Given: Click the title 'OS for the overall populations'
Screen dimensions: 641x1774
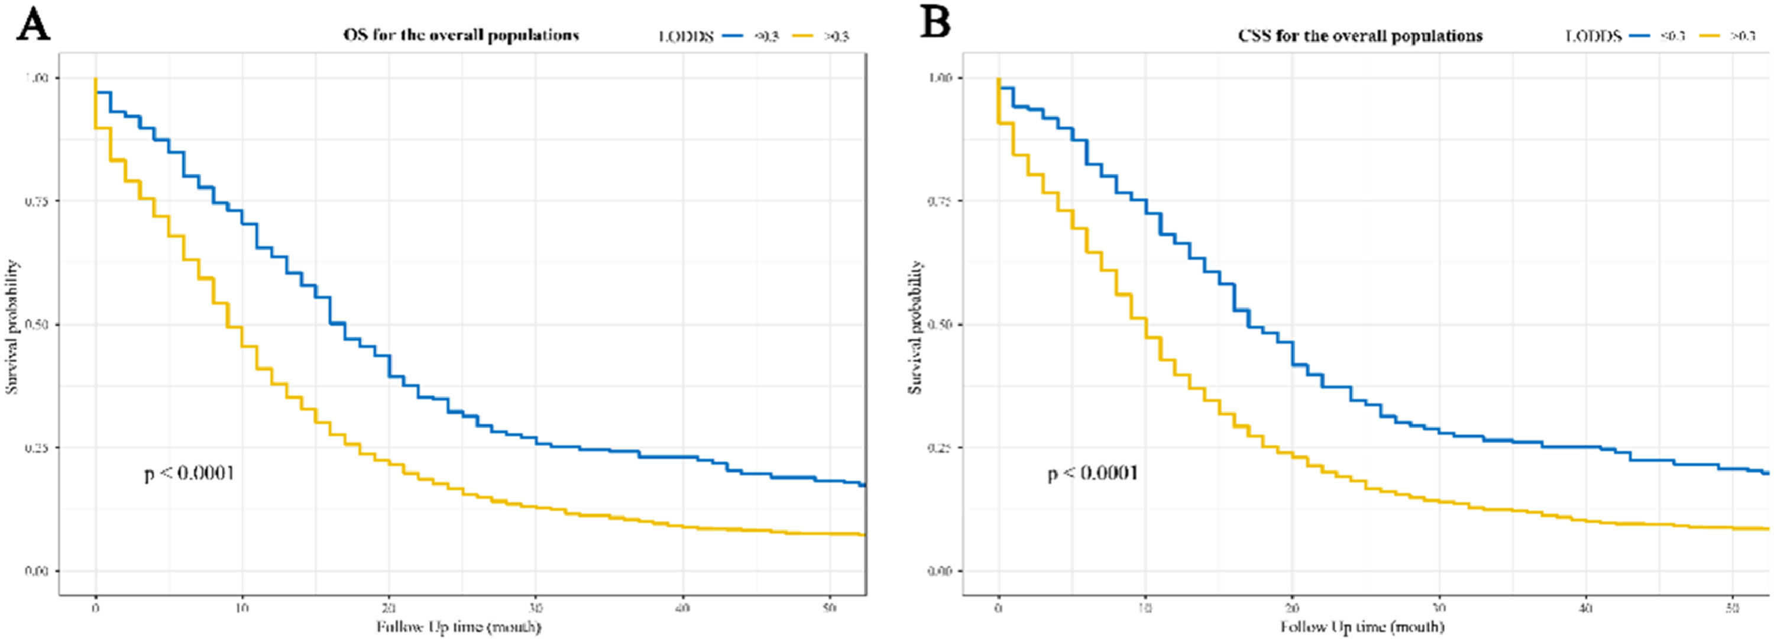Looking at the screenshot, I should point(461,35).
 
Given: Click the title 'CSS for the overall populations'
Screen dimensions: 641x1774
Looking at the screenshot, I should point(1360,35).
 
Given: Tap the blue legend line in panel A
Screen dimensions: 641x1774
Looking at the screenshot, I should point(731,37).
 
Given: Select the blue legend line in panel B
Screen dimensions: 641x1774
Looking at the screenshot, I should point(1640,37).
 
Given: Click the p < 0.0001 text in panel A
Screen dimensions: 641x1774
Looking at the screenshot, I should point(189,473).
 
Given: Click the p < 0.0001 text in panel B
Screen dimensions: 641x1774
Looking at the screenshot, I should point(1093,473).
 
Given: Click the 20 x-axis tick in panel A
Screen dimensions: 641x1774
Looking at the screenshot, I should point(389,608).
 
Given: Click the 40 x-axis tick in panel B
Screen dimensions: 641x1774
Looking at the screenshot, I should point(1586,608).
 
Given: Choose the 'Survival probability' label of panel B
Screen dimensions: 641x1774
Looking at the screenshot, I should point(915,327).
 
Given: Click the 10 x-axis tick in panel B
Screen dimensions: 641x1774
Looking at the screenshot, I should point(1145,608).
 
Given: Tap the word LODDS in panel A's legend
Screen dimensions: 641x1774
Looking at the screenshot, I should point(686,37).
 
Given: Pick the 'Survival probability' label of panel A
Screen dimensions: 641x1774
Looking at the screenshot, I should point(12,327).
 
